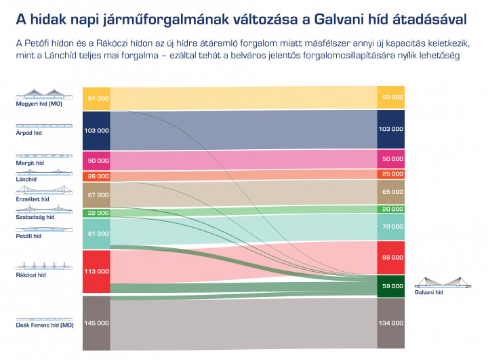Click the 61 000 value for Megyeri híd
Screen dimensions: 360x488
click(96, 98)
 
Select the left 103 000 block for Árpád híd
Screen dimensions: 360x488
click(96, 129)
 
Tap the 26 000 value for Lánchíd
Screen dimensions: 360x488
click(96, 176)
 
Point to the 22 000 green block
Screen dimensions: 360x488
click(96, 213)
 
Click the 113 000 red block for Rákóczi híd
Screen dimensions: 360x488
click(96, 271)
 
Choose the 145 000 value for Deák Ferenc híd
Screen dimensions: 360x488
click(96, 323)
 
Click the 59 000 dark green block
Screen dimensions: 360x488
click(391, 286)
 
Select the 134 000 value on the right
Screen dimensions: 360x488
click(391, 323)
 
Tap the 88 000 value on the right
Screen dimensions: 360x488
click(391, 258)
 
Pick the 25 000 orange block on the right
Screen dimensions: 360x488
click(391, 174)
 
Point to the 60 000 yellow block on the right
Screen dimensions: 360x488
click(391, 97)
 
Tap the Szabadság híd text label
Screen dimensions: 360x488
click(35, 218)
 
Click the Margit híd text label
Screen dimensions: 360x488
click(30, 163)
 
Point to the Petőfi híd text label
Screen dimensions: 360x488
click(28, 236)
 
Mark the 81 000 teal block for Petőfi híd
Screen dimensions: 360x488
click(96, 233)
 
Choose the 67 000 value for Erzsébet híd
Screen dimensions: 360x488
click(96, 195)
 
